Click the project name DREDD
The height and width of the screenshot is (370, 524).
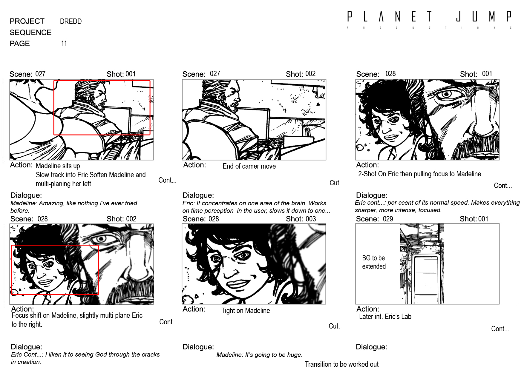point(71,21)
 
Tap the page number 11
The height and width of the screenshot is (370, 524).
point(64,43)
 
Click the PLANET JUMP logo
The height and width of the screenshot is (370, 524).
point(429,20)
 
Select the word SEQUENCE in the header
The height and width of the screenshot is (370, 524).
point(30,33)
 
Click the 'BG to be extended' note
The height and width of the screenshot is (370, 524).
point(374,262)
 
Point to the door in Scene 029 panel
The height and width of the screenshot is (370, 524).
point(425,279)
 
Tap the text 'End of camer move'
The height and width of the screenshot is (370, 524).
point(249,166)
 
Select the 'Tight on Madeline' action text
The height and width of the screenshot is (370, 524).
point(246,311)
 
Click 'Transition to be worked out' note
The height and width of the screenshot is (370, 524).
point(341,364)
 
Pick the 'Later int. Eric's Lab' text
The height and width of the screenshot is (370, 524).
point(385,317)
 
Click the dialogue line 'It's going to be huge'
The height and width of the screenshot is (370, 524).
point(259,355)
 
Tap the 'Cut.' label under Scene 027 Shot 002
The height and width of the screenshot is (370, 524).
point(335,183)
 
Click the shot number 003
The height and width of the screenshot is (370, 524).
point(311,219)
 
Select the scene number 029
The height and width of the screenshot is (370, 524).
point(388,219)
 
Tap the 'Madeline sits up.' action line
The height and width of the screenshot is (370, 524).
point(59,166)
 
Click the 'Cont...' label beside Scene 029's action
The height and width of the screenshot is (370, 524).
point(500,329)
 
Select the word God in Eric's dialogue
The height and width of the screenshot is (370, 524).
point(101,354)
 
